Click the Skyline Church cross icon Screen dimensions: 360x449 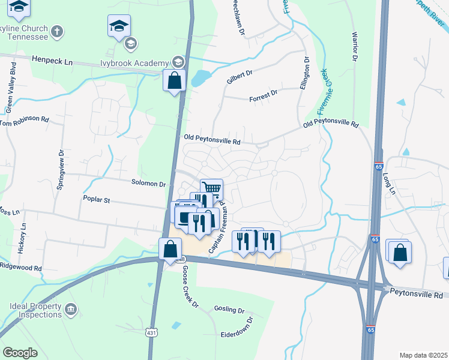[x=57, y=31]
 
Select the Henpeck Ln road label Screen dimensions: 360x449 [x=52, y=61]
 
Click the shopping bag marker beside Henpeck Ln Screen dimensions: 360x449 [x=174, y=80]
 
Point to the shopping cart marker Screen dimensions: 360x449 [x=211, y=190]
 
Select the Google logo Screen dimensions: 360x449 [x=20, y=352]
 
